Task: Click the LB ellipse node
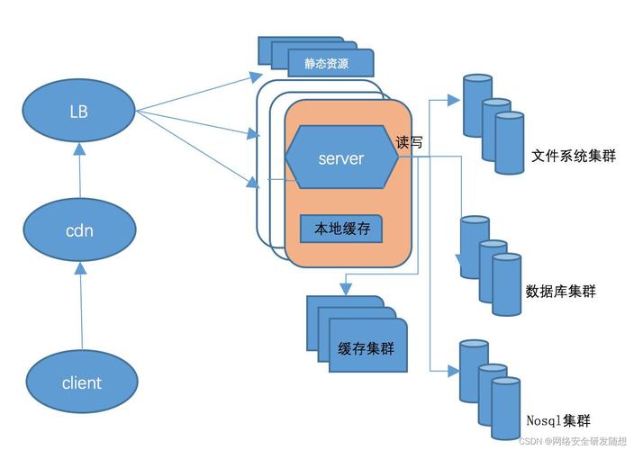[80, 111]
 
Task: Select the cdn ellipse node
[80, 229]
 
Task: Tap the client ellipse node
[81, 382]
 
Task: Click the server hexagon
[341, 158]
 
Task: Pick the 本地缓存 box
[341, 229]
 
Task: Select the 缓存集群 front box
[366, 347]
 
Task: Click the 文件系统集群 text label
[574, 156]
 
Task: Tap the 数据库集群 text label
[560, 292]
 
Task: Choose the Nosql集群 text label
[558, 419]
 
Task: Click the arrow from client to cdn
[81, 306]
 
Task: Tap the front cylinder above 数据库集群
[506, 284]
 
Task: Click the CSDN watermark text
[573, 441]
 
